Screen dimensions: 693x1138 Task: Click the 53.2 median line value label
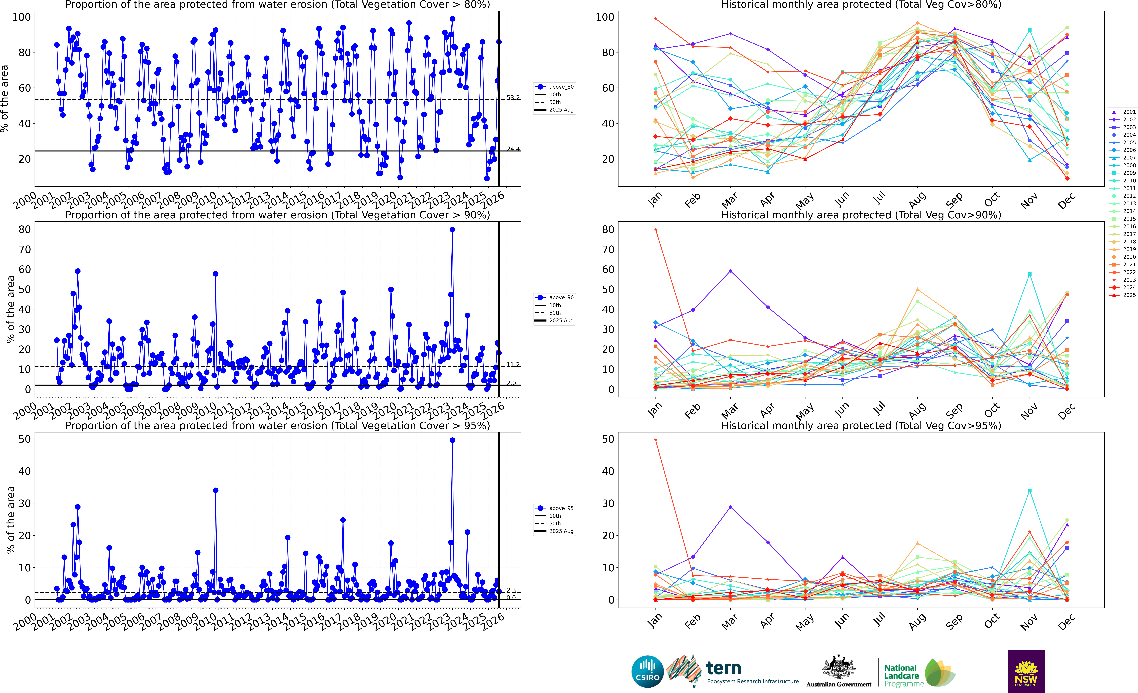tap(513, 98)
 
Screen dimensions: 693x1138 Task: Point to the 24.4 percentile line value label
tap(513, 149)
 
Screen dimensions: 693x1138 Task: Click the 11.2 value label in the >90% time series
tap(513, 365)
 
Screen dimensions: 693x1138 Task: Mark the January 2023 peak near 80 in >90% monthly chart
tap(655, 230)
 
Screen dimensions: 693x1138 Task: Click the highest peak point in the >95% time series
tap(452, 440)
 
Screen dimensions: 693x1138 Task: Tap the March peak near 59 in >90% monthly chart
tap(730, 271)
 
